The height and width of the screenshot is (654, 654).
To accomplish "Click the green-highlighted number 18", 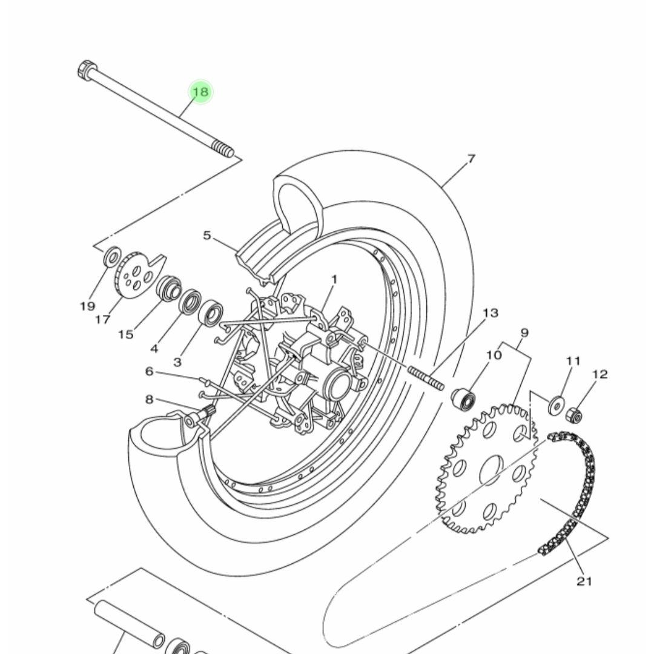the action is click(201, 91).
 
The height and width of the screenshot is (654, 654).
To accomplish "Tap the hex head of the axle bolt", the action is click(88, 69).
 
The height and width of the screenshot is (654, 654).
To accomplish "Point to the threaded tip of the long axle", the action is click(223, 150).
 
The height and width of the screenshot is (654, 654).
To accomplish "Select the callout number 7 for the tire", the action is click(471, 159).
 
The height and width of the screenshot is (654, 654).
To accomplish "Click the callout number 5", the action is click(207, 236).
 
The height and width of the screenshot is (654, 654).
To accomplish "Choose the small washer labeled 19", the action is click(112, 256).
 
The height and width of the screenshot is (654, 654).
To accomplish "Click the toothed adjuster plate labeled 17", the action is click(137, 275).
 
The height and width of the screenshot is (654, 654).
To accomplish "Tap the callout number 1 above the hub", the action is click(334, 279).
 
